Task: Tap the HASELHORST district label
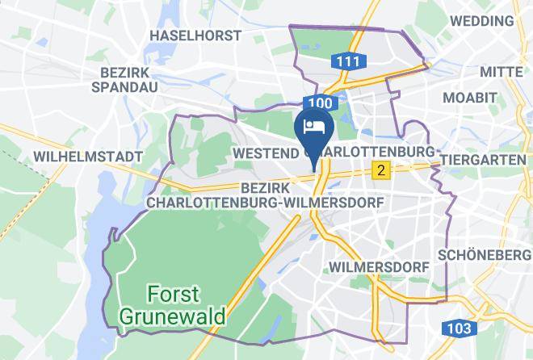click(196, 36)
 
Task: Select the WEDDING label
click(492, 19)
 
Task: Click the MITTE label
click(502, 72)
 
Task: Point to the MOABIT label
click(469, 98)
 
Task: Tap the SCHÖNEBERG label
click(481, 255)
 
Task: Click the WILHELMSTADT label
click(88, 156)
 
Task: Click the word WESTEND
click(264, 152)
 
